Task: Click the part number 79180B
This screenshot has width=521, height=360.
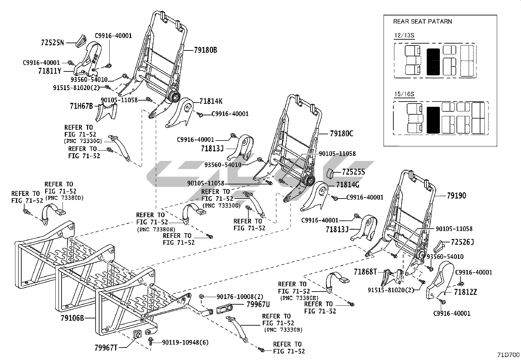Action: (206, 50)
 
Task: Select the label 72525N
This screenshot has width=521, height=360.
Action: (52, 43)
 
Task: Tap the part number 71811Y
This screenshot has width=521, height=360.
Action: (50, 71)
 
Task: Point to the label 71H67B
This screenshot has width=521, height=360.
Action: (81, 106)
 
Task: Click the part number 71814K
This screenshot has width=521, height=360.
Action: (211, 101)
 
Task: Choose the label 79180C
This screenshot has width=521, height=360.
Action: (342, 133)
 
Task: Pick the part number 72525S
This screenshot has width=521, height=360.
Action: (353, 172)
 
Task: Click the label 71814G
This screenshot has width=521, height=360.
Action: (348, 185)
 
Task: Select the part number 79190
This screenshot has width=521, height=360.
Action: (456, 196)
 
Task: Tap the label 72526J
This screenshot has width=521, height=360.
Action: (462, 242)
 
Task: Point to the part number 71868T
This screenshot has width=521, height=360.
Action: (365, 272)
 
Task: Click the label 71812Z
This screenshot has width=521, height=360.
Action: (465, 292)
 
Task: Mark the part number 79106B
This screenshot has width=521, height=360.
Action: (72, 318)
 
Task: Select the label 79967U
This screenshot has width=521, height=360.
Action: (258, 304)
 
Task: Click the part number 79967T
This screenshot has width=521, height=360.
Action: (106, 348)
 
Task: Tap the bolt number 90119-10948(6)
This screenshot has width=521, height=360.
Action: (185, 342)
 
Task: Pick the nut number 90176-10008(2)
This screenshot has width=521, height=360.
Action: (240, 297)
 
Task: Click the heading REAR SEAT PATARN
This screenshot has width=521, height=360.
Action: (422, 21)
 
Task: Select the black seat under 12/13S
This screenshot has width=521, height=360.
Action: (433, 62)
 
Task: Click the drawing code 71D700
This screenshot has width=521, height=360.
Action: (508, 355)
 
